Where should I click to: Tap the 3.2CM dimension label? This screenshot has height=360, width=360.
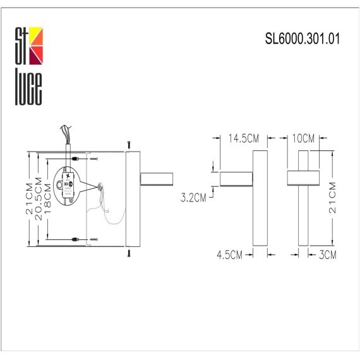(194, 198)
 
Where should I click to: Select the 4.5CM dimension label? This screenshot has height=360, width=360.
(230, 255)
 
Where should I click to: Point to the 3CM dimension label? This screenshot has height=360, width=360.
(325, 255)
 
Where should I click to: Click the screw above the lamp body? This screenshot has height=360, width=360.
(127, 144)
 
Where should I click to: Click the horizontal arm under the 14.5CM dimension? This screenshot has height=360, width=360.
(236, 179)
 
